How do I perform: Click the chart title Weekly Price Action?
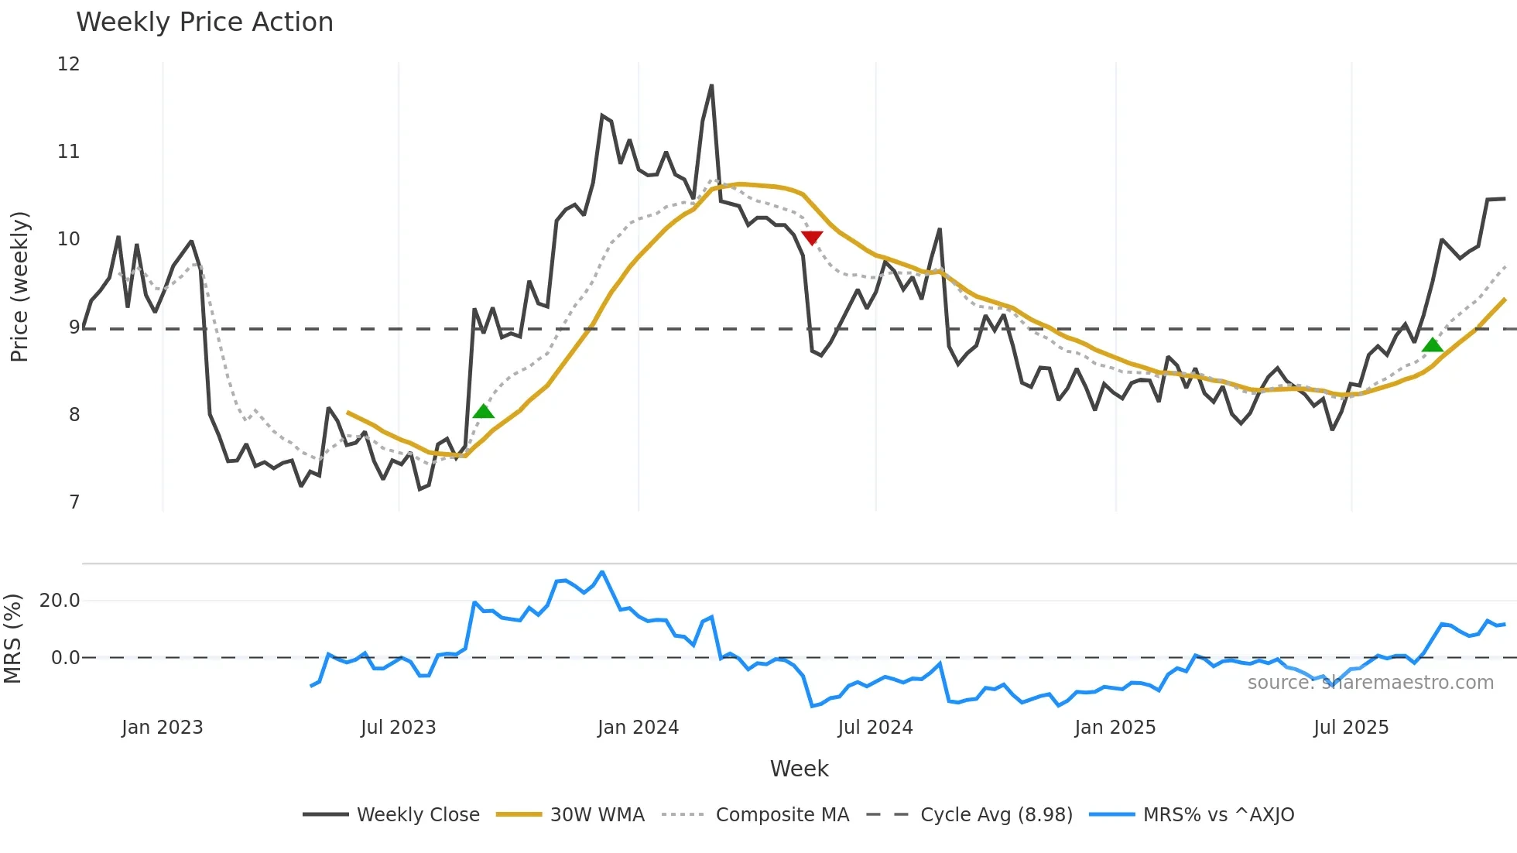tap(204, 22)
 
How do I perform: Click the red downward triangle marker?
tap(812, 238)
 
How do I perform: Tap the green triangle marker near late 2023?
tap(484, 411)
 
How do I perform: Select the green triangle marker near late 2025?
tap(1433, 345)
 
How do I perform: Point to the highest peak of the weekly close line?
tap(711, 86)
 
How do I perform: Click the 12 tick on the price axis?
tap(69, 64)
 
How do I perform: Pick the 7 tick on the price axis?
tap(74, 502)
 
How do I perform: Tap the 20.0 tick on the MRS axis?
tap(60, 601)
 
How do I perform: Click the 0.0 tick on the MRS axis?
tap(65, 658)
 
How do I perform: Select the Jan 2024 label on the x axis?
tap(638, 728)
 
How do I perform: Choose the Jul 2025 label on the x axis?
tap(1351, 728)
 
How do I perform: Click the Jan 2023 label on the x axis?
tap(163, 728)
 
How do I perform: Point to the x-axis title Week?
tap(799, 769)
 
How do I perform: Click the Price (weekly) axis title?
tap(19, 286)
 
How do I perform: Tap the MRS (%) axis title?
tap(12, 639)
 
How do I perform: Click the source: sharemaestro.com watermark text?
tap(1370, 683)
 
